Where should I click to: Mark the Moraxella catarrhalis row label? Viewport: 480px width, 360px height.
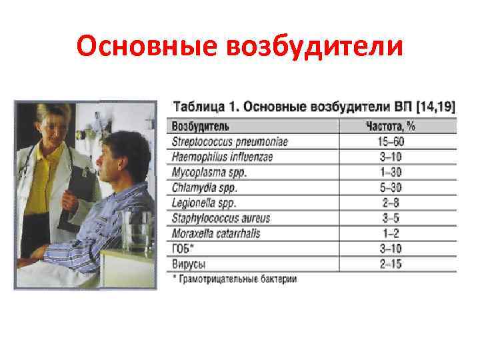(215, 233)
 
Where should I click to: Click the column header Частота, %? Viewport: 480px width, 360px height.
(392, 127)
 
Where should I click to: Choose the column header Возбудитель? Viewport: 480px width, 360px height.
(201, 127)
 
